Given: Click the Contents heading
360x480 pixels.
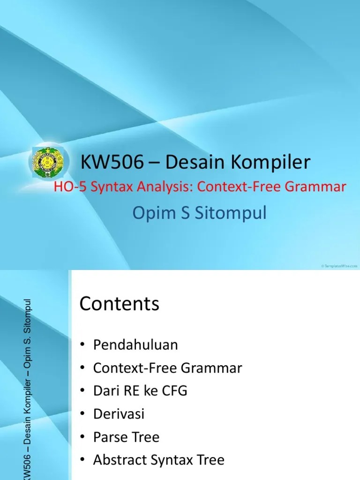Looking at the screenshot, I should (120, 304).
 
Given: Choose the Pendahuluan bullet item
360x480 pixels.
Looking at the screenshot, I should (135, 345).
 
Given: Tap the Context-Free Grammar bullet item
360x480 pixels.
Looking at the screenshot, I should (167, 368).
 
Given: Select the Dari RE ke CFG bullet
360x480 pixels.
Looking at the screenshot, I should (140, 391).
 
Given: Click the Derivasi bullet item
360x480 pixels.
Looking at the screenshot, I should (119, 414).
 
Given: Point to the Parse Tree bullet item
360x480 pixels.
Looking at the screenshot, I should (126, 437).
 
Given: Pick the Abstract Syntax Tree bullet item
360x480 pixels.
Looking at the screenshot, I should (158, 460).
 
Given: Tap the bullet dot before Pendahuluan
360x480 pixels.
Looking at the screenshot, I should (82, 345).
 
